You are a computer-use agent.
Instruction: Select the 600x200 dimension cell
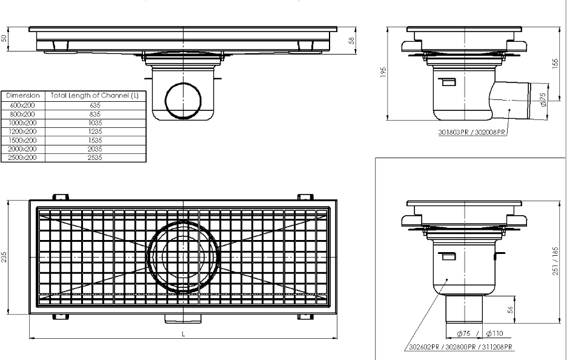click(23, 105)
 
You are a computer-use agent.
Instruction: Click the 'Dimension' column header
click(23, 96)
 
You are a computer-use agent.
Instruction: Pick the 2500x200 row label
click(23, 158)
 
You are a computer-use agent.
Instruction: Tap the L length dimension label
click(184, 333)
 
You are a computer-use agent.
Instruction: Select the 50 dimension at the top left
click(5, 38)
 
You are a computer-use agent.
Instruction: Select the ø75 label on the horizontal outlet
click(543, 99)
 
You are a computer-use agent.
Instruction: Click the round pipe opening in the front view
click(182, 99)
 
